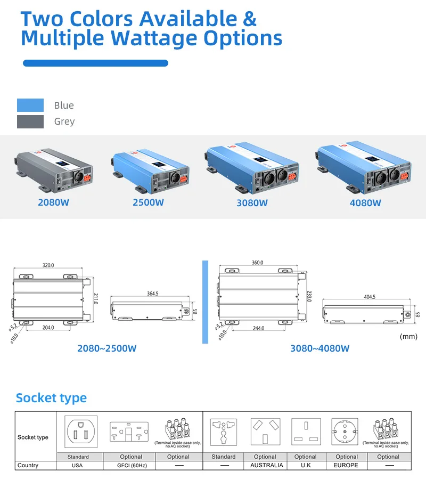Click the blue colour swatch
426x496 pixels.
coord(30,105)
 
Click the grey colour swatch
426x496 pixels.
coord(30,121)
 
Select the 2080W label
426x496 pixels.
coord(53,202)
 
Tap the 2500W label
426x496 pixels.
coord(148,202)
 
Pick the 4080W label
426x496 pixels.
coord(365,203)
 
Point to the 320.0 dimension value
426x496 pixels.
coord(48,265)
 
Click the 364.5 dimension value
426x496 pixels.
coord(152,294)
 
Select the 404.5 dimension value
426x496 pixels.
coord(369,297)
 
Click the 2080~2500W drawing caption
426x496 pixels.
coord(106,348)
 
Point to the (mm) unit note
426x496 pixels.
coord(408,336)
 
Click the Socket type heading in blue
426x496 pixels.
coord(51,398)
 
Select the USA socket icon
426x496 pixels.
coord(81,431)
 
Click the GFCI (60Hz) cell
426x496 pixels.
coord(131,465)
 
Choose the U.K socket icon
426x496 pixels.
coord(306,432)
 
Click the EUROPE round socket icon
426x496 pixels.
coord(347,432)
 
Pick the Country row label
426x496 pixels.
coord(28,465)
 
